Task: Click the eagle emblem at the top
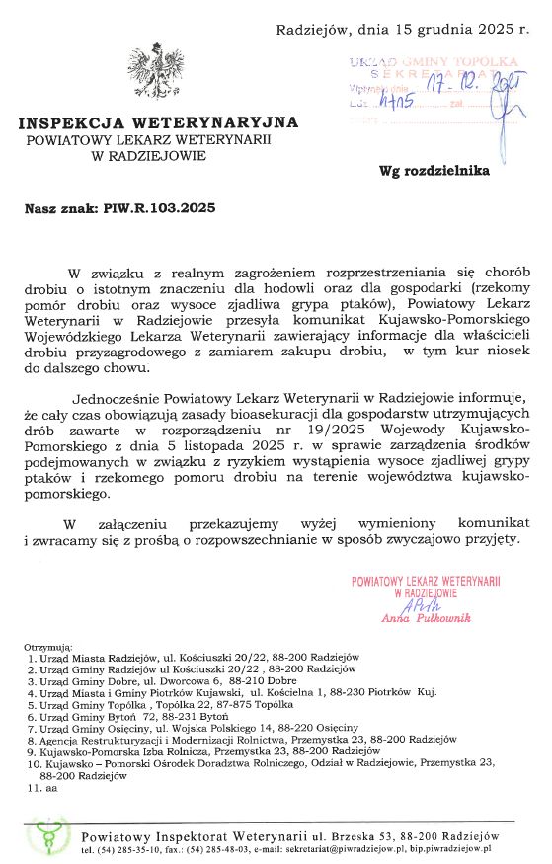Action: pyautogui.click(x=155, y=70)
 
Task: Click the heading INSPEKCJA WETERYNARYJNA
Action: pyautogui.click(x=157, y=123)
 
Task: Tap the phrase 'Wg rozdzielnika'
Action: pyautogui.click(x=434, y=170)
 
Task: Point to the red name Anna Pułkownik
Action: pyautogui.click(x=426, y=617)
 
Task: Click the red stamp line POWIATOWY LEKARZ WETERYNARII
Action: pyautogui.click(x=427, y=583)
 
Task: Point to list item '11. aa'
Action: pyautogui.click(x=43, y=789)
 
